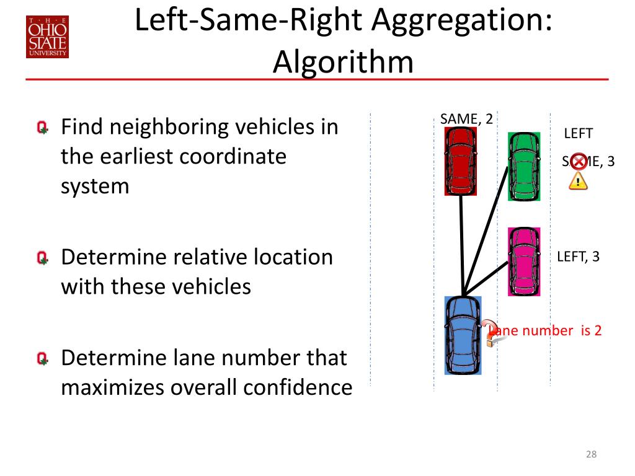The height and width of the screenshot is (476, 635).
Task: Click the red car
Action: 461,161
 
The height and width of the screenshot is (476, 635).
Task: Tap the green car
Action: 524,166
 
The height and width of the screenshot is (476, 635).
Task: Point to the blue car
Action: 463,335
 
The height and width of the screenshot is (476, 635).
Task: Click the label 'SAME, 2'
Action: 466,118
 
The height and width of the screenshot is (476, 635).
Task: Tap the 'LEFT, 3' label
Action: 578,257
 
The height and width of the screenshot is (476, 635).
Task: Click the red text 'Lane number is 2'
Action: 546,330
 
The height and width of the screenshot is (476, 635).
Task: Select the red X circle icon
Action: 578,162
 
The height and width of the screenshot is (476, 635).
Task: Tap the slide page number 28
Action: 591,456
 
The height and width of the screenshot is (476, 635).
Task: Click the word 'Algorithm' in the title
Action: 343,62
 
